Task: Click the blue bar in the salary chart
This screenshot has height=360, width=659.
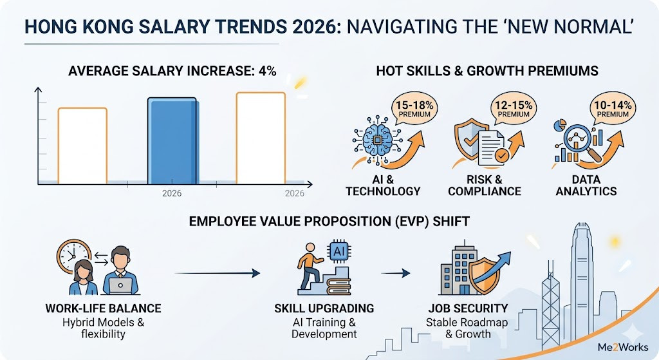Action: click(172, 140)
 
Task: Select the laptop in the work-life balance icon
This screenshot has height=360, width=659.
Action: click(120, 285)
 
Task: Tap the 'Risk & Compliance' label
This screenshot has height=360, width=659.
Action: click(484, 185)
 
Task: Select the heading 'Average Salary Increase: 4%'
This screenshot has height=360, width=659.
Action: click(172, 70)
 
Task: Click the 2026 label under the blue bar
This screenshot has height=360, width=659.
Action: click(172, 193)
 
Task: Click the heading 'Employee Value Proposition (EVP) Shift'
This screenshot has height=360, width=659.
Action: click(329, 221)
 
